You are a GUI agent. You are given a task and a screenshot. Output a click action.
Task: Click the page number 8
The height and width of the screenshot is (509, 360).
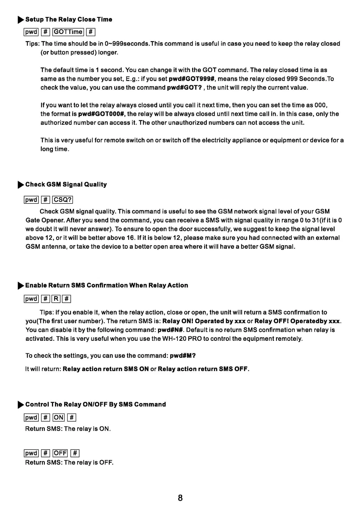point(180,498)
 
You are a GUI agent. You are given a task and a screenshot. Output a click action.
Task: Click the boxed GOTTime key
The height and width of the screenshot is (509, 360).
point(68,32)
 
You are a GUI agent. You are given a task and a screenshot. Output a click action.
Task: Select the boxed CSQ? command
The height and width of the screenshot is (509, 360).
point(63,200)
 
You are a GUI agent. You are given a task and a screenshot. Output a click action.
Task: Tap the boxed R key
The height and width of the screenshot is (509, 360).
point(56,299)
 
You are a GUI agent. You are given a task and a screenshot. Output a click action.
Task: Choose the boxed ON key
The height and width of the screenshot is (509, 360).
point(58,418)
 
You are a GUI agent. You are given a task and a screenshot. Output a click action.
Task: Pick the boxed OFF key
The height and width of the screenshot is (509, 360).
point(60,453)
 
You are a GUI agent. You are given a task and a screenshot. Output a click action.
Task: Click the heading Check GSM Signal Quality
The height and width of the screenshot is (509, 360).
point(66,185)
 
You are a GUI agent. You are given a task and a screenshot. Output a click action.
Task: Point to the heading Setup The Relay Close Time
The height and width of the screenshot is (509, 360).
point(69,19)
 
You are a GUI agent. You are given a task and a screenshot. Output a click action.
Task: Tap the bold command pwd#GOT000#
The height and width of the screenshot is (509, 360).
point(102,114)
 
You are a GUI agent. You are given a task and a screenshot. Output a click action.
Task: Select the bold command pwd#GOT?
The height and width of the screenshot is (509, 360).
point(185,88)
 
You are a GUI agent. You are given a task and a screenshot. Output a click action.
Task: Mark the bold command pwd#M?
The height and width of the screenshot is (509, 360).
point(183,356)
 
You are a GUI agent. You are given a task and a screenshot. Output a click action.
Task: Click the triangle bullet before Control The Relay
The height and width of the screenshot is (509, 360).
point(21,405)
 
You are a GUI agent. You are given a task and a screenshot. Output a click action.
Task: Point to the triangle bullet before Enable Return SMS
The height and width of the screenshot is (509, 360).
point(21,286)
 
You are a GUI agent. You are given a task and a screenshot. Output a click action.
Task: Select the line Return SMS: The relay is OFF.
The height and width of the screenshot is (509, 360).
point(69,462)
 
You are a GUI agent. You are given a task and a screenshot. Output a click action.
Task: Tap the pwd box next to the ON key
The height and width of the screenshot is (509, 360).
point(31,418)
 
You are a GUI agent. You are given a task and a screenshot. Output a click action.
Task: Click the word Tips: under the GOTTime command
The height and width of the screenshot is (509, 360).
point(33,44)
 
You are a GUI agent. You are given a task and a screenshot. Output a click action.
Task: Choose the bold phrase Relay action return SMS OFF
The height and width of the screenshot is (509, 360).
point(203,369)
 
